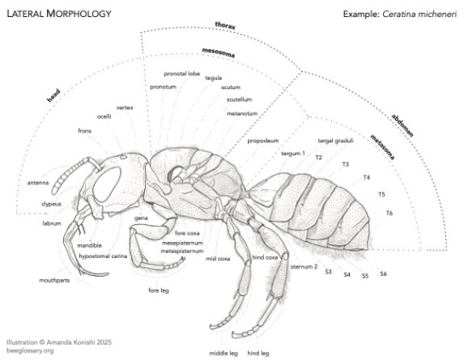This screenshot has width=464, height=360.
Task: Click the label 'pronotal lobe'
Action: [x=182, y=74]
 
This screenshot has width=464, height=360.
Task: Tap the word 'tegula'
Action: [x=213, y=78]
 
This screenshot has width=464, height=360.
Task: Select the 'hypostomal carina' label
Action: [x=103, y=256]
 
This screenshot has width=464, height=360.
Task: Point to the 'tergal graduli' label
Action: [x=335, y=141]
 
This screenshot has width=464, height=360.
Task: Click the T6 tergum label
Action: [x=390, y=213]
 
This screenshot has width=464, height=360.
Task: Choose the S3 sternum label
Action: [x=328, y=271]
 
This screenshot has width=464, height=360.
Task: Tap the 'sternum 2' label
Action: [x=304, y=267]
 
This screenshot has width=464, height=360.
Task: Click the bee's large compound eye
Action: [x=107, y=184]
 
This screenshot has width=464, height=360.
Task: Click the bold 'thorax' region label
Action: [x=225, y=26]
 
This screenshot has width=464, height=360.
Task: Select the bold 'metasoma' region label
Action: [x=382, y=147]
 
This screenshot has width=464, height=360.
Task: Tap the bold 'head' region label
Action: [x=53, y=95]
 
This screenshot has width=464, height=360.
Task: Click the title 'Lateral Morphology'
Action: [x=59, y=14]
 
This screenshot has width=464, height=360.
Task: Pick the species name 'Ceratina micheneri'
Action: [x=419, y=14]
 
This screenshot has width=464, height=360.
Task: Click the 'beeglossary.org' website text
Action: [x=30, y=350]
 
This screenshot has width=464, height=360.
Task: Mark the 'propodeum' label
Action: [x=263, y=141]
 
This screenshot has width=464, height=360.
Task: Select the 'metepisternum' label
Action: [x=182, y=251]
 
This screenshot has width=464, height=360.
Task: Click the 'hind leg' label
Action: [x=258, y=353]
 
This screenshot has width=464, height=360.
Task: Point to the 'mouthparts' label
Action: [x=54, y=280]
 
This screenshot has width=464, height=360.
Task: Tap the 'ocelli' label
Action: [x=104, y=116]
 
